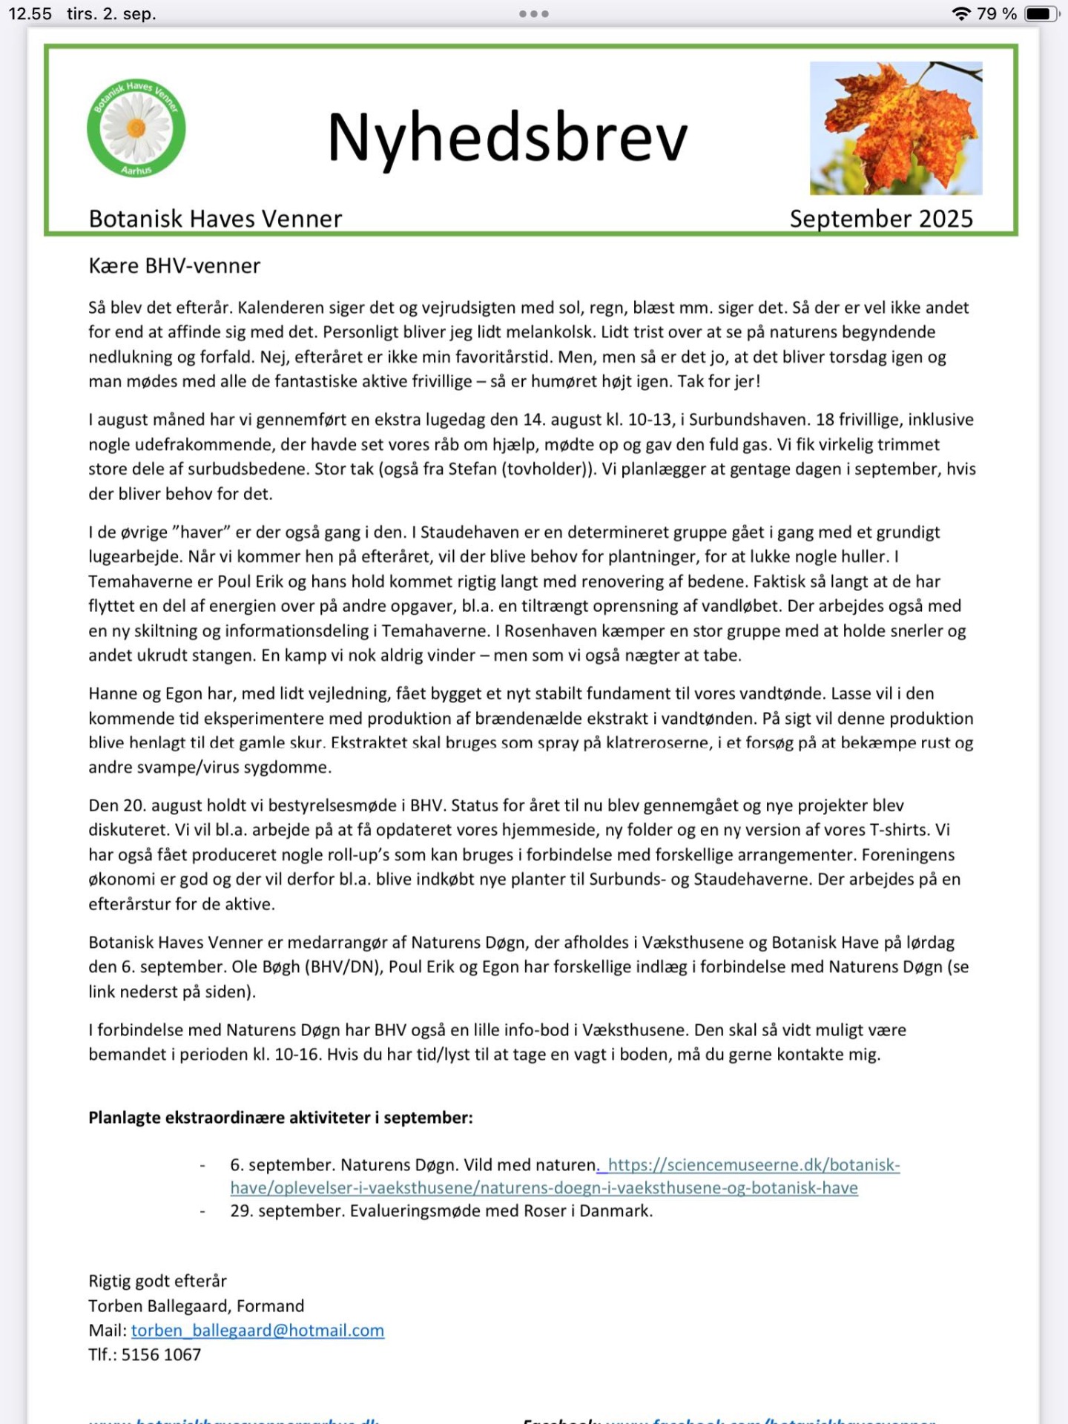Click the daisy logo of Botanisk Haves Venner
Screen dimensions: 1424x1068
[136, 128]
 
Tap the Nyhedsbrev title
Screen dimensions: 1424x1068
[507, 138]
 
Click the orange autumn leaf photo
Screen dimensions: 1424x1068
[896, 128]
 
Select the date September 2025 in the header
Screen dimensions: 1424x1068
[881, 219]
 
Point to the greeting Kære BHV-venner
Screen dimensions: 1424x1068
[174, 266]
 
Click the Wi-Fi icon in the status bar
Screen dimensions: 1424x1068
[961, 14]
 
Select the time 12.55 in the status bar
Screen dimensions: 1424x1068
[30, 14]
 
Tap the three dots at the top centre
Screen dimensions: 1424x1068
[534, 14]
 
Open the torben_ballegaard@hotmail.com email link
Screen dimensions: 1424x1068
[257, 1331]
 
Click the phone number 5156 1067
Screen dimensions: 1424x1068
[161, 1355]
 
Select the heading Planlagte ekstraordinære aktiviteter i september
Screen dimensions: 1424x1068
[280, 1118]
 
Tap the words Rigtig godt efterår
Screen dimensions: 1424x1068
[157, 1281]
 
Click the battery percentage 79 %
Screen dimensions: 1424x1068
[996, 14]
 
